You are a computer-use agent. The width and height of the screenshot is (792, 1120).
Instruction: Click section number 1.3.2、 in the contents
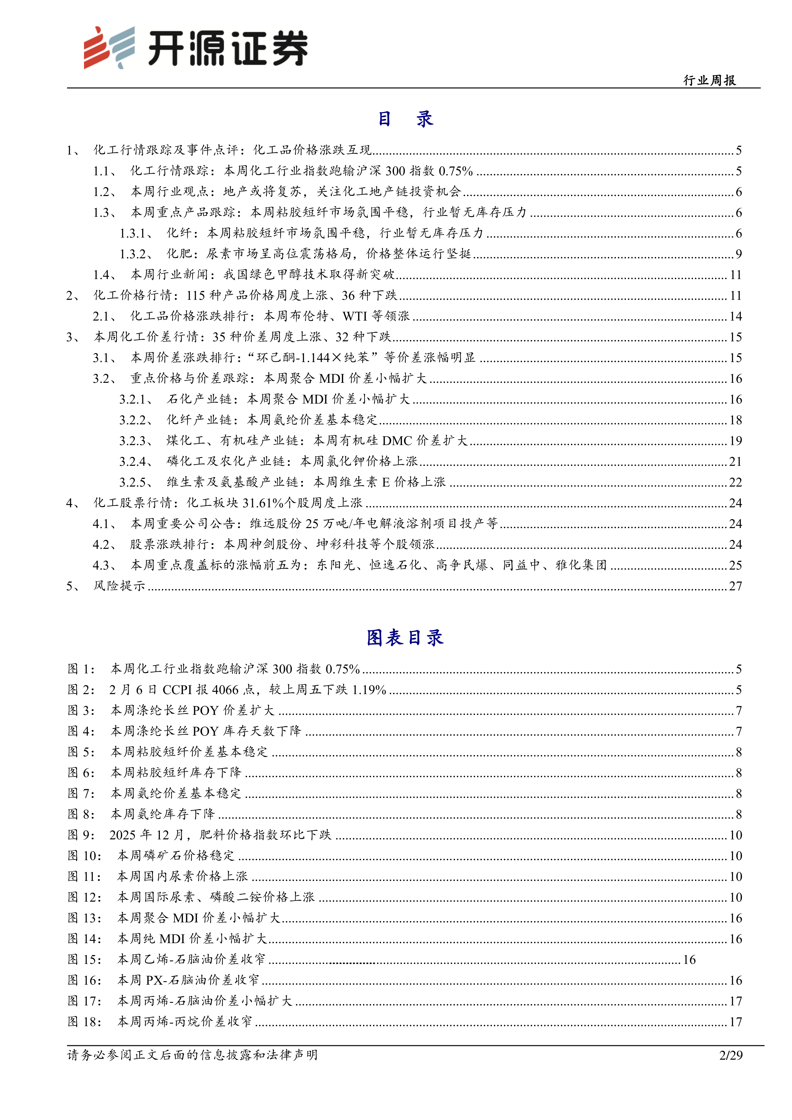(136, 254)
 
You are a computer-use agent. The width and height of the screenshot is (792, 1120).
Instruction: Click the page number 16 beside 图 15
(689, 959)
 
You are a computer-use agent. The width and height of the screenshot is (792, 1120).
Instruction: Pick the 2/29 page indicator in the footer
(731, 1055)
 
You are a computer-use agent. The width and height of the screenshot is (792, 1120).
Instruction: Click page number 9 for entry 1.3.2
(738, 254)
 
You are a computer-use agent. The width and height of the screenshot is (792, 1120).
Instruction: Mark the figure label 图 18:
(84, 1022)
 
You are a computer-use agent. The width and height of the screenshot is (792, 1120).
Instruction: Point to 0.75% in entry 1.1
(456, 171)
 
